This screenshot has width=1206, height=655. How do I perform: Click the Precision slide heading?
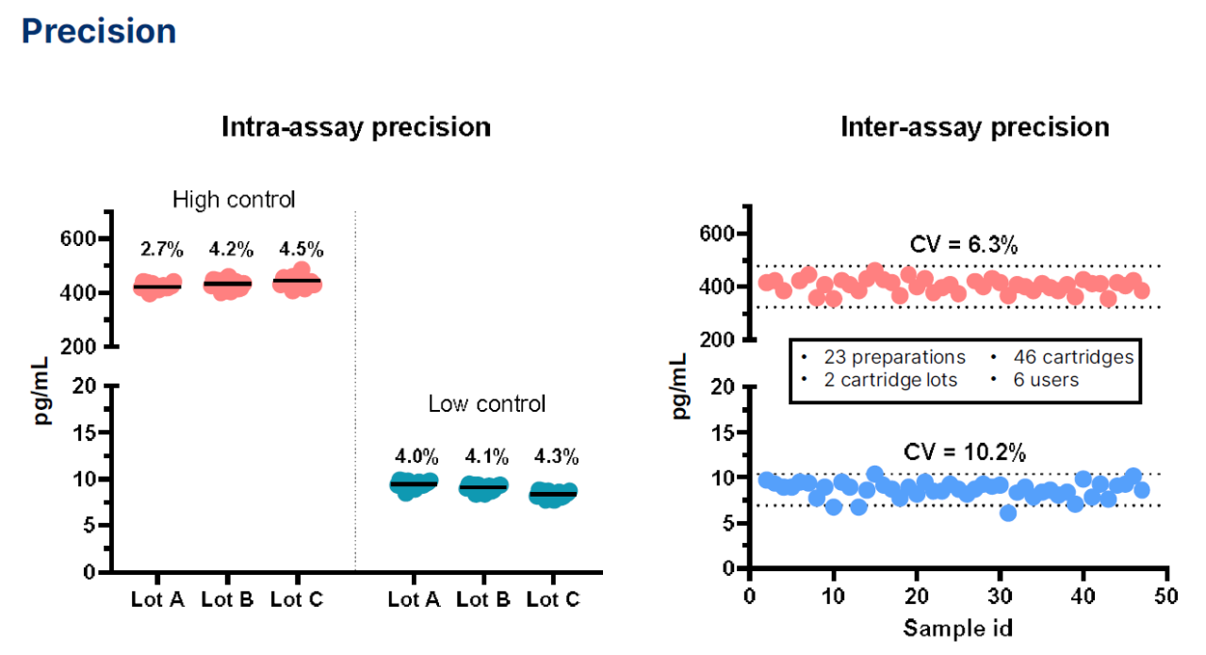point(99,31)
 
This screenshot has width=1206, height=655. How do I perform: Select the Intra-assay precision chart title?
point(356,127)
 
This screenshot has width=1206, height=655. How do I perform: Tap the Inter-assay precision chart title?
point(975,127)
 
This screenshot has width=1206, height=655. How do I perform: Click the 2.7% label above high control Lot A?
point(162,250)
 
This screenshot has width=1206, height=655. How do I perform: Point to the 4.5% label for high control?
point(301,250)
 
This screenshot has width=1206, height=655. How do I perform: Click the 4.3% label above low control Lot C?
point(557,457)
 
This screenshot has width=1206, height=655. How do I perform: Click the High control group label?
point(234,200)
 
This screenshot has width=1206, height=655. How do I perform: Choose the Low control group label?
point(486,404)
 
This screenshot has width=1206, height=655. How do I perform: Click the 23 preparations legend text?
point(894,357)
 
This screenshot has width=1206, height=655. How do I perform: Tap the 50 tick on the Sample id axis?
point(1166,597)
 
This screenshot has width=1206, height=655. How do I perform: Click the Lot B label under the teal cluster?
point(487,599)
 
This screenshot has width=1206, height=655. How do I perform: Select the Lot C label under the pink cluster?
point(297,599)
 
